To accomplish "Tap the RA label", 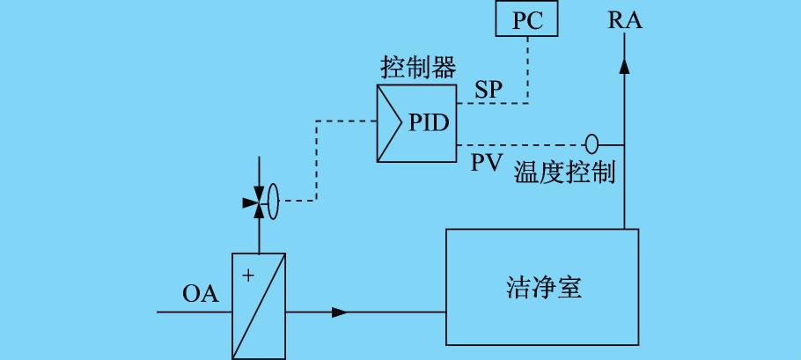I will click(624, 20).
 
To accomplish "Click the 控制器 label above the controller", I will click(417, 68).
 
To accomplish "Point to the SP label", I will click(490, 91).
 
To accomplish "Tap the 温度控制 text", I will click(564, 172).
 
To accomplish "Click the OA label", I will click(200, 294).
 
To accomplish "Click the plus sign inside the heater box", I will click(247, 276).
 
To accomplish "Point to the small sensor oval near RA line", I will click(592, 143).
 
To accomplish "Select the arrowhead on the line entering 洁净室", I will click(340, 312).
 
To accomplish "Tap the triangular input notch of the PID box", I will click(387, 123).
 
